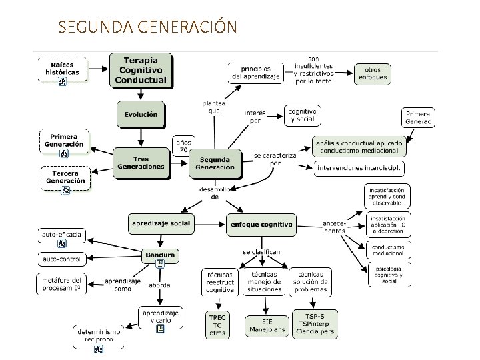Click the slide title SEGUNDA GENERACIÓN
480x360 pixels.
[147, 27]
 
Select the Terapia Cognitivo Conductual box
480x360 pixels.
[141, 69]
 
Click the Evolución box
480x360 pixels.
[141, 114]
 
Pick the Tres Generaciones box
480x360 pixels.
[140, 163]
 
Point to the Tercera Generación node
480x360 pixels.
[65, 177]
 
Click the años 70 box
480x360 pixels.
[183, 146]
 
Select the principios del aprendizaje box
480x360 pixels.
[256, 73]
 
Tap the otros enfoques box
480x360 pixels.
[372, 73]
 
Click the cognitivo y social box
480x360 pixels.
[302, 115]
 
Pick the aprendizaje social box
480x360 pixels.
[161, 223]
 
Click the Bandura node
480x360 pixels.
[160, 255]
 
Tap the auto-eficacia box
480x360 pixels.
[62, 235]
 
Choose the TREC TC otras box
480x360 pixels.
[218, 325]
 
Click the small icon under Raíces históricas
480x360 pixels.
[63, 81]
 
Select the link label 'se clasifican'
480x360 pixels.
[261, 252]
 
